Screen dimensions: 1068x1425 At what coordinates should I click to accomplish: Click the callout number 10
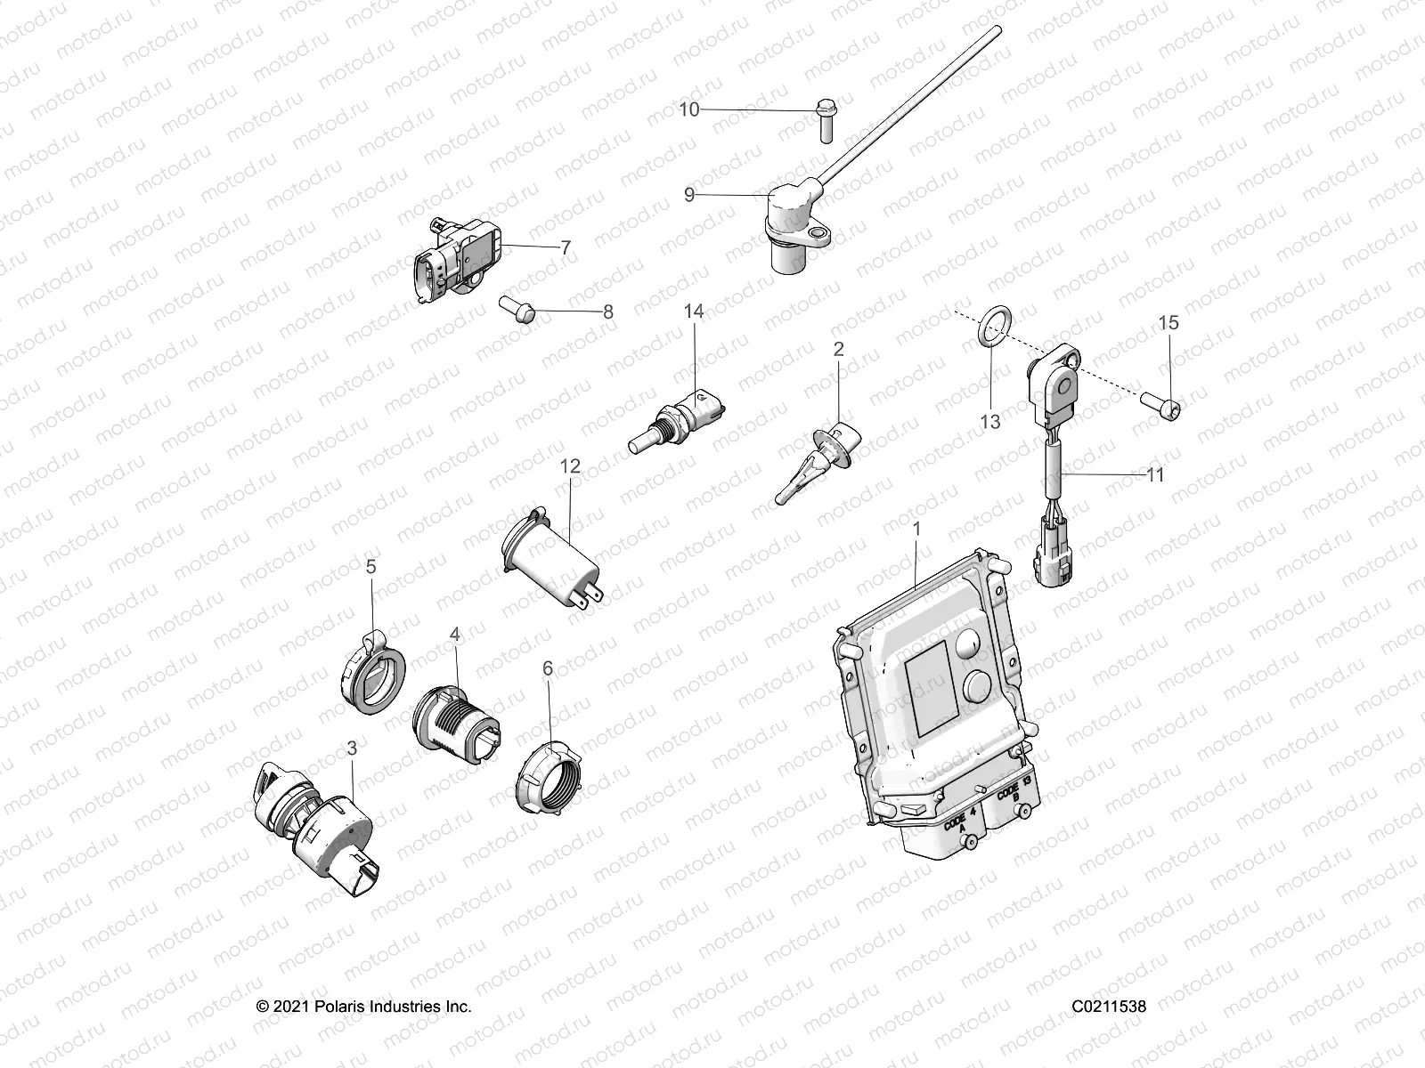click(x=689, y=110)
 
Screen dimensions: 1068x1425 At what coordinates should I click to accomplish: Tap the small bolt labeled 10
click(x=824, y=120)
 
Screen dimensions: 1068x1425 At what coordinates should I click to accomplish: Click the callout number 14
click(x=693, y=311)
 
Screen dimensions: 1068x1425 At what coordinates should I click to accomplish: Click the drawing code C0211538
click(x=1109, y=1007)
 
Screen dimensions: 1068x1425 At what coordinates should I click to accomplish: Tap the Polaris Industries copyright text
click(x=363, y=1007)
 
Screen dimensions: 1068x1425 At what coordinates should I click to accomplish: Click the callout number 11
click(x=1154, y=475)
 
